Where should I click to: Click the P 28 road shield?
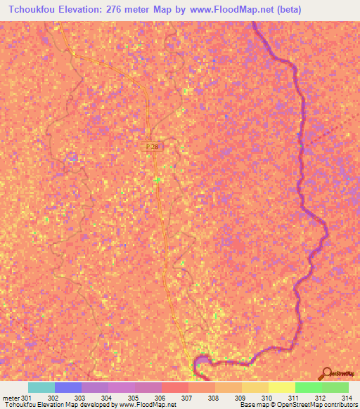click(x=152, y=145)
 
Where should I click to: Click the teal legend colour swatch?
click(x=41, y=387)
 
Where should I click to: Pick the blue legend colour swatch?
click(x=67, y=387)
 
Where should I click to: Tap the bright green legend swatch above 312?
click(x=309, y=387)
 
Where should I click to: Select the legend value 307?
click(x=188, y=398)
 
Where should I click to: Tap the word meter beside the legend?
click(x=11, y=398)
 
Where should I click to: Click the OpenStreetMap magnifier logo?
click(x=328, y=372)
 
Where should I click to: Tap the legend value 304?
click(x=108, y=398)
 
